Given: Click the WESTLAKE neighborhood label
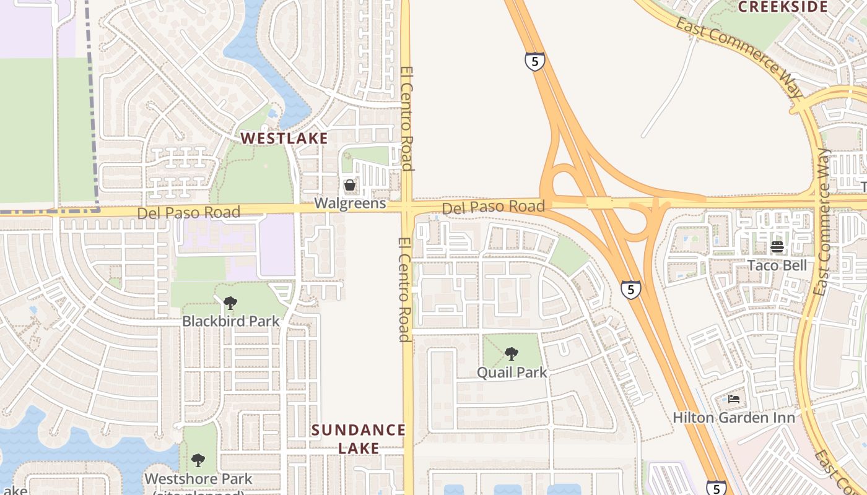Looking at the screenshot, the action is pos(284,138).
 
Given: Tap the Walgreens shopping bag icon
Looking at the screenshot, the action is pos(350,184).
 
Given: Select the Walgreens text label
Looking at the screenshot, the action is pos(350,203).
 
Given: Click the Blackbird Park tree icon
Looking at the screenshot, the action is pos(230,303).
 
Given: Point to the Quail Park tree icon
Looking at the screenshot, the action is pos(512,354).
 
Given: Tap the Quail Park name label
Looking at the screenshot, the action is pos(512,372).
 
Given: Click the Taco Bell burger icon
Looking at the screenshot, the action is pos(777,247).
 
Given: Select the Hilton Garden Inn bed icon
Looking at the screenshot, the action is pos(734,399).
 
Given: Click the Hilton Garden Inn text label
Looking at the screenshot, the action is pos(734,418).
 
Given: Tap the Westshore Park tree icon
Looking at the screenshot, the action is pos(198,460).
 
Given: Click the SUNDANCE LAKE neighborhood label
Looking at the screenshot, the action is pos(359,439).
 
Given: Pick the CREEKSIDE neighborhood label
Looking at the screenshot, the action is pos(783,7).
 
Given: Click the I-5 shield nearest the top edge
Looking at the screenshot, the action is pos(535,61).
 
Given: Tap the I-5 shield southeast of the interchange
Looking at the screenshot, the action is pos(630,289).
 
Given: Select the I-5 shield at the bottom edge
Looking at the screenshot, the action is pos(716,488).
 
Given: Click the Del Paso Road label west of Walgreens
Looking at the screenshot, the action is pos(188,213).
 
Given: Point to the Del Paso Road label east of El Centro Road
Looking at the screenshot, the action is pos(494,207).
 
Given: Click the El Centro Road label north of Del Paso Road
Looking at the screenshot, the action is pos(407,118).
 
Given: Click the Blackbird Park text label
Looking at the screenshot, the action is pos(230,322).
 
